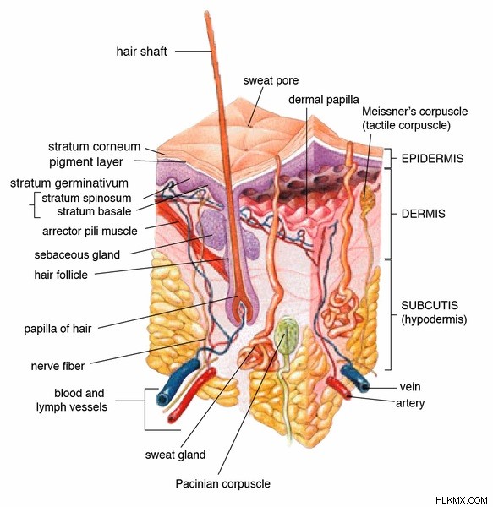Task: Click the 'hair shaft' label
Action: point(142,52)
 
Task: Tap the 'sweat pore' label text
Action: point(271,80)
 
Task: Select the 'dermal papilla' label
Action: point(324,100)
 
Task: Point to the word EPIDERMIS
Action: point(432,159)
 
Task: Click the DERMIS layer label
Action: point(423,214)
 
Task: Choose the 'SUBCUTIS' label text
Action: point(430,305)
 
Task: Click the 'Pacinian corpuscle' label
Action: point(223,483)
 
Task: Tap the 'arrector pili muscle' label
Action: point(90,232)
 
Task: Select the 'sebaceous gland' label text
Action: point(77,255)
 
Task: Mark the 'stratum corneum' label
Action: point(94,146)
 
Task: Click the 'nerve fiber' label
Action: point(58,366)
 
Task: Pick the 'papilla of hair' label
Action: point(58,329)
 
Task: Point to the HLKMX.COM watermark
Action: point(462,500)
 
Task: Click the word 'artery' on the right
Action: point(410,403)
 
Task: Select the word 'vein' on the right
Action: point(410,387)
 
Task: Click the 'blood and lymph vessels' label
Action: point(72,400)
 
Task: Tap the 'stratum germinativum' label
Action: point(69,183)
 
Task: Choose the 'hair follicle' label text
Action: point(61,275)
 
